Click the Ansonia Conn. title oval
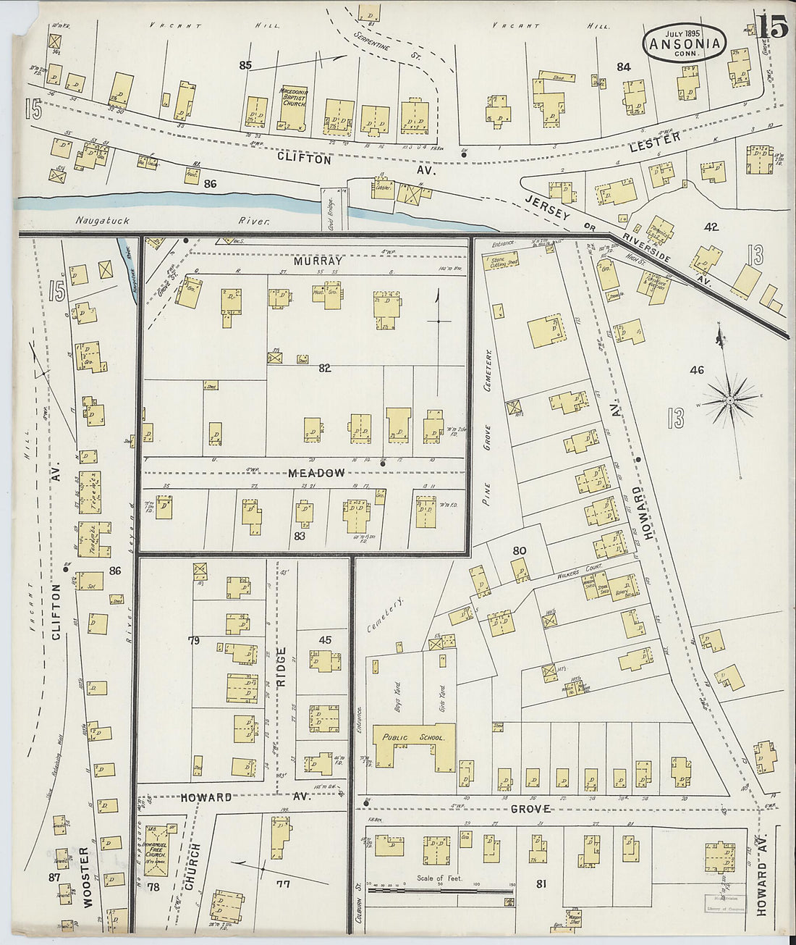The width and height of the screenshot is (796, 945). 684,42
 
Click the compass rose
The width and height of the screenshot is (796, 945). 731,399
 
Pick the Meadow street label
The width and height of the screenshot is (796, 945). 316,473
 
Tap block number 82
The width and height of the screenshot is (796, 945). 324,369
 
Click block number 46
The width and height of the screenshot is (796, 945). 696,371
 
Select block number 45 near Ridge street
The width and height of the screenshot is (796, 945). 326,639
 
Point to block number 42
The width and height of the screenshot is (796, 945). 711,227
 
